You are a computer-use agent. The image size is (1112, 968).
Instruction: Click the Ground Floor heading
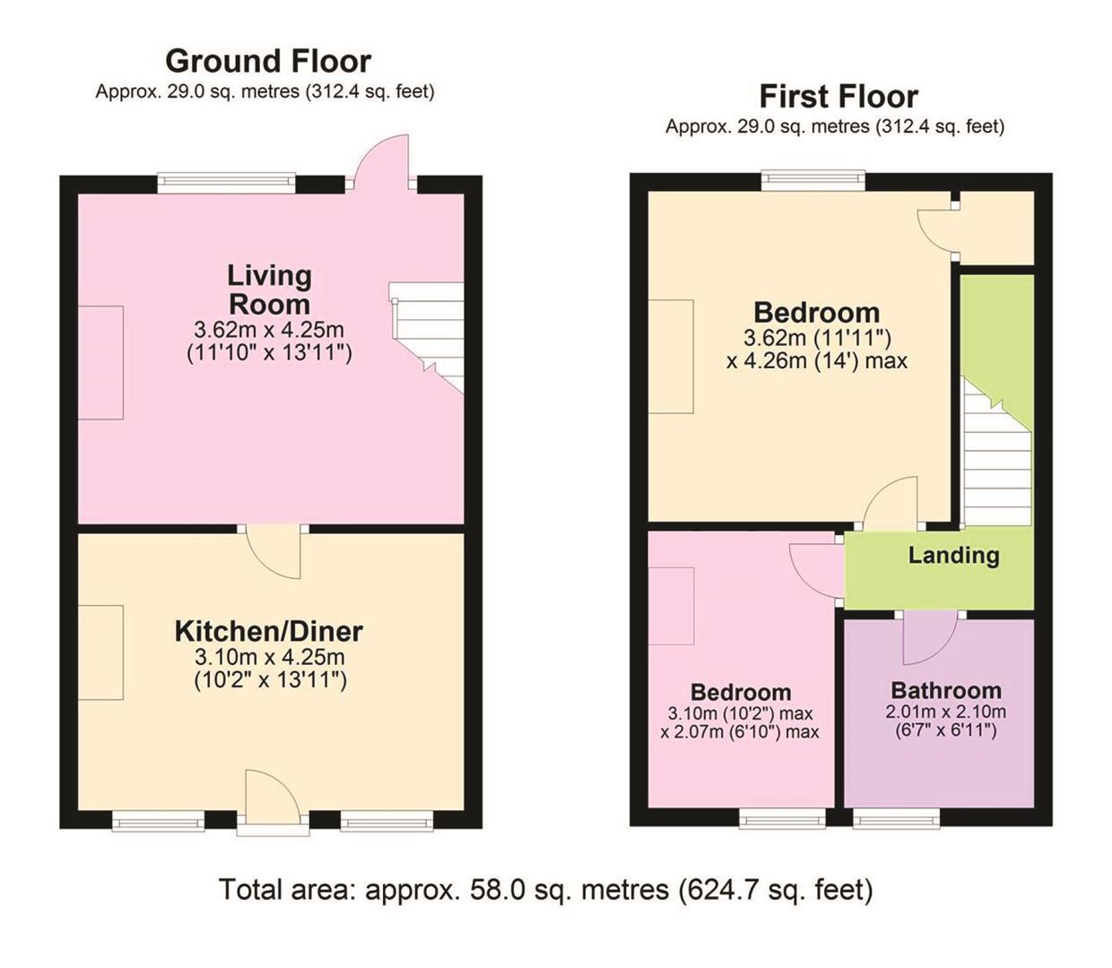click(x=268, y=61)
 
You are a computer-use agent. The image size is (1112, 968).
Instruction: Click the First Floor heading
click(x=838, y=96)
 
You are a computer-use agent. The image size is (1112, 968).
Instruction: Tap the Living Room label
click(x=269, y=289)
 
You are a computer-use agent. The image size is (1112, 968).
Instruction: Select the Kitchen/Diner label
click(x=268, y=631)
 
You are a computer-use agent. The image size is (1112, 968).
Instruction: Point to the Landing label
click(x=953, y=555)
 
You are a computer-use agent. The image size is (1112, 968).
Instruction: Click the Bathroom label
click(x=946, y=690)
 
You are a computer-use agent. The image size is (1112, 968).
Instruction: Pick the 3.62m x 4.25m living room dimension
click(x=269, y=329)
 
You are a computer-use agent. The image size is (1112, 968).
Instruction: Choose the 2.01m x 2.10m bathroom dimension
click(x=945, y=713)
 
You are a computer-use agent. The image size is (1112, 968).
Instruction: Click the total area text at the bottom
click(x=545, y=889)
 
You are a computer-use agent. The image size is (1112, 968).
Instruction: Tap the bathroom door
click(x=930, y=638)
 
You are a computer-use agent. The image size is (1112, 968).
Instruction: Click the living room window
click(x=226, y=183)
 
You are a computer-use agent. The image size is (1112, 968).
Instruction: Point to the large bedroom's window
click(x=813, y=181)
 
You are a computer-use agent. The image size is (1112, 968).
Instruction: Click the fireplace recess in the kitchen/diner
click(x=100, y=652)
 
